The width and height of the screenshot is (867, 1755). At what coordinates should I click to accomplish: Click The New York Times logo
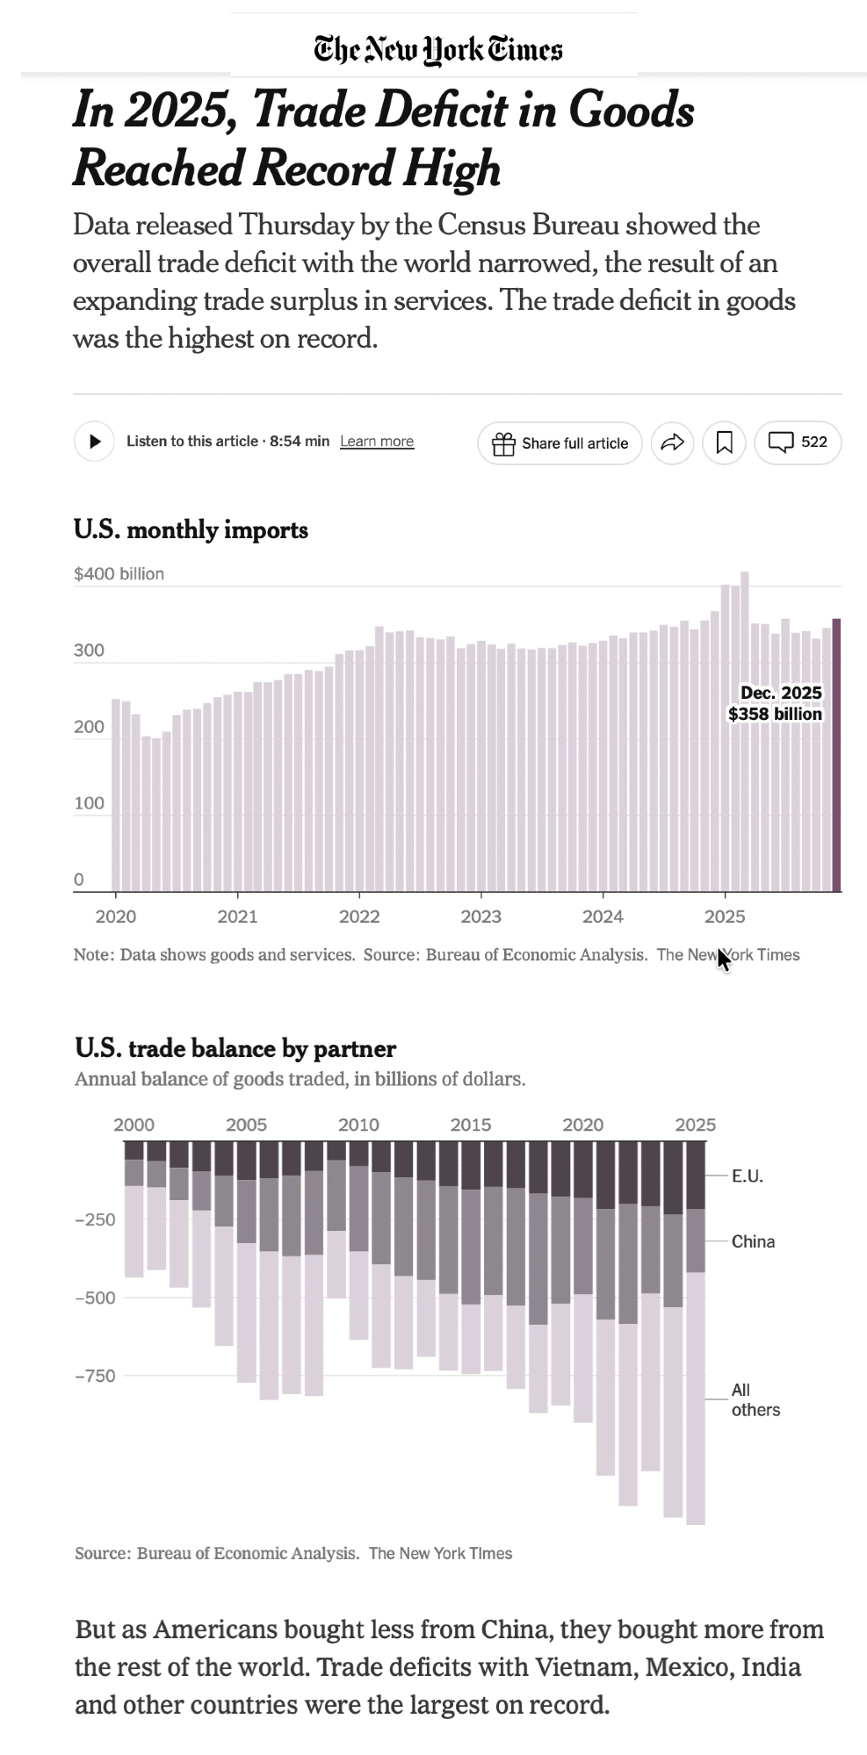[438, 50]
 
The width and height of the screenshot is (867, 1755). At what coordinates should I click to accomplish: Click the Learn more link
[377, 442]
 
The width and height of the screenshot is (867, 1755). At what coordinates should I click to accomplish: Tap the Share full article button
[560, 443]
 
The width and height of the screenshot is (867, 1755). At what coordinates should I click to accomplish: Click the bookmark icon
[724, 443]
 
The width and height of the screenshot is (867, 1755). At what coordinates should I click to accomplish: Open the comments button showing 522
[798, 442]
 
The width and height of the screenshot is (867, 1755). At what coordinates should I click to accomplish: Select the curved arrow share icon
[672, 443]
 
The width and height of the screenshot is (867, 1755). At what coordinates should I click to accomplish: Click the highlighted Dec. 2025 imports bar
[837, 755]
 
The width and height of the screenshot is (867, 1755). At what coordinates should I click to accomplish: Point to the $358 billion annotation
[775, 714]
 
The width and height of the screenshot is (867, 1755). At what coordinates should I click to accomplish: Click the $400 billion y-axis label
[119, 574]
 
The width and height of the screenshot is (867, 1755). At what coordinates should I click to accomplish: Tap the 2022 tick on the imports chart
[359, 917]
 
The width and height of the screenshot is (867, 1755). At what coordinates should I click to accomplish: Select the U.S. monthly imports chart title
[191, 530]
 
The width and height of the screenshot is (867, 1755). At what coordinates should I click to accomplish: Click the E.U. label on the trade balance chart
[748, 1176]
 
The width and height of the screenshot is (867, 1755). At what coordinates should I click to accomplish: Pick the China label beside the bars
[753, 1241]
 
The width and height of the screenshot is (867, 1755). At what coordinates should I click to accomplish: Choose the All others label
[755, 1399]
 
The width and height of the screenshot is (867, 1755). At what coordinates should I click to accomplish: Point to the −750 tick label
[95, 1376]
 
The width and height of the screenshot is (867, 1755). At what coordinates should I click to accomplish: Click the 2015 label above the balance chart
[471, 1125]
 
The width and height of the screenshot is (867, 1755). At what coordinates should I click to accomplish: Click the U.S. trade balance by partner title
[235, 1048]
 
